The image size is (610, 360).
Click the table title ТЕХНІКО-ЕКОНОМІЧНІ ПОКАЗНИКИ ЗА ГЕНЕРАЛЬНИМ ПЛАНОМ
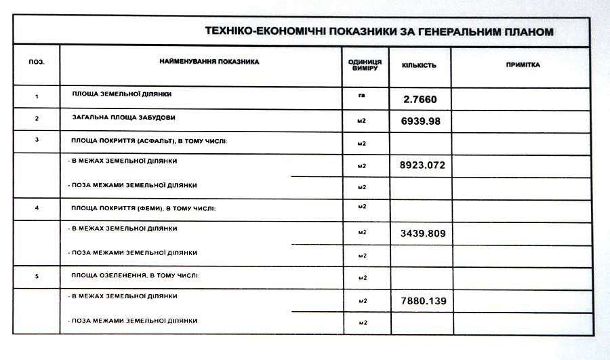379,32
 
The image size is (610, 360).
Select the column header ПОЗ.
37,62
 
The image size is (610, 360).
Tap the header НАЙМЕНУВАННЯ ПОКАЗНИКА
209,62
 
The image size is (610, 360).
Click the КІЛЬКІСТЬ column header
419,66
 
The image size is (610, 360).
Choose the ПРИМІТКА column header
523,65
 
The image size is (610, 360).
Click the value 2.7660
420,100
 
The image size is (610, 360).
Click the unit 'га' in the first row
362,95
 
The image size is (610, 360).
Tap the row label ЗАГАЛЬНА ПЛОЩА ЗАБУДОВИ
123,117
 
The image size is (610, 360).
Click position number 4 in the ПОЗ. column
37,207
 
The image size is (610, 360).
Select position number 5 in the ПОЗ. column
37,277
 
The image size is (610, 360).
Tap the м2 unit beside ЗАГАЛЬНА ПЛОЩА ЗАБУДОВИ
362,120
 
